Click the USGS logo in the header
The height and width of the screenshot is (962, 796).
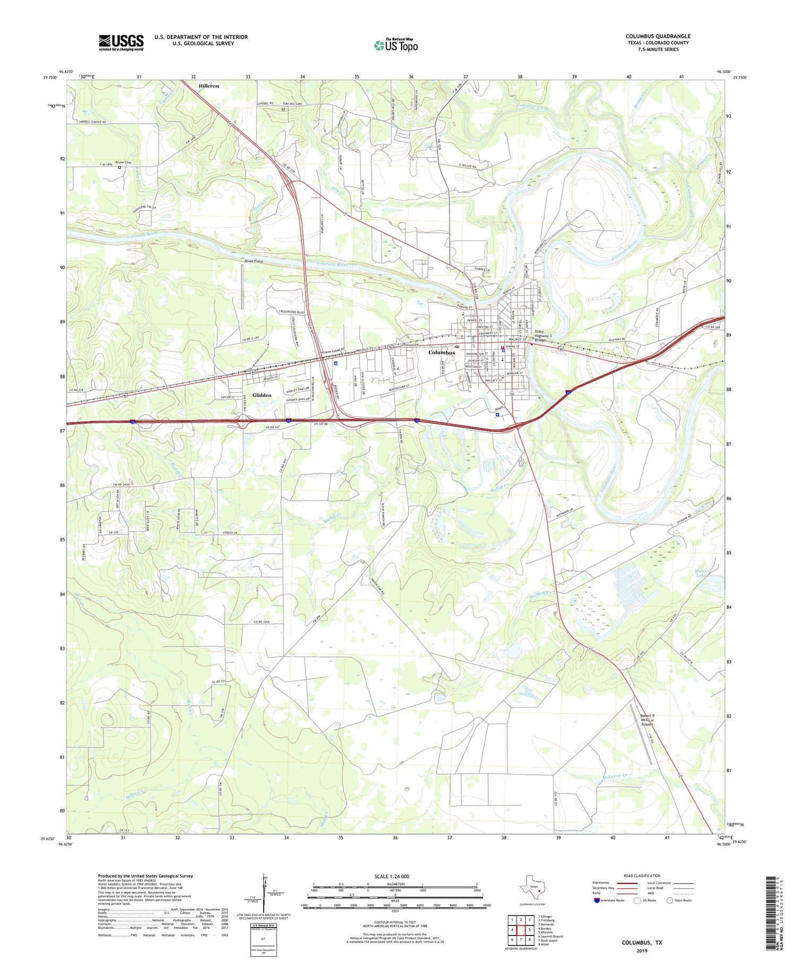121,42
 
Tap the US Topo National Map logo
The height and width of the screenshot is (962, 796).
395,45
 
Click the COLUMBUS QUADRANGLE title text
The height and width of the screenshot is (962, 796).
657,36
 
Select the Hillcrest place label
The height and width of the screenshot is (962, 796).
209,85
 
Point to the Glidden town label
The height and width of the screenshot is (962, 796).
262,395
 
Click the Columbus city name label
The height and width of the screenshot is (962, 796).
442,352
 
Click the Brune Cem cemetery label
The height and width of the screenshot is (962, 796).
123,162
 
